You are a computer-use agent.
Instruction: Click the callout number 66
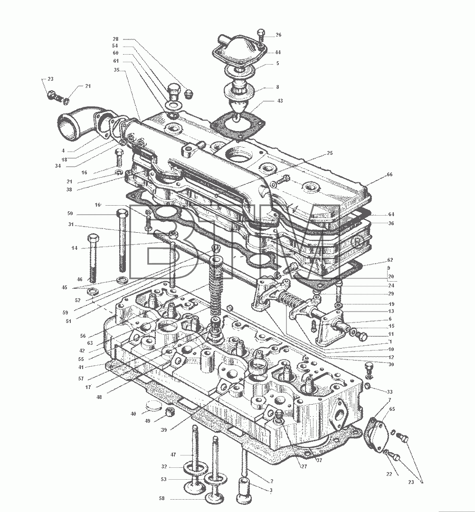(x=389, y=174)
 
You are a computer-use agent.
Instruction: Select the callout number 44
(x=277, y=52)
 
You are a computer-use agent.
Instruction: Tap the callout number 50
(x=70, y=214)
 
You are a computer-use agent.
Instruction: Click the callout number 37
(x=319, y=460)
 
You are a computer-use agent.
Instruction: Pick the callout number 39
(x=163, y=430)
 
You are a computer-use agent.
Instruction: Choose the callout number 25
(x=330, y=153)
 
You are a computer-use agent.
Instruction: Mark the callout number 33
(x=389, y=392)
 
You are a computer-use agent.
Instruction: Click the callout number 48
(x=99, y=397)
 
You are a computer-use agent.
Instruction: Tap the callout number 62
(x=390, y=260)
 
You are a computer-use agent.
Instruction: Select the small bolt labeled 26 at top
(x=260, y=35)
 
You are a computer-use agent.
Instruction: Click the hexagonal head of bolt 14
(x=93, y=238)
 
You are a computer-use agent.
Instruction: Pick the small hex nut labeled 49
(x=170, y=412)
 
